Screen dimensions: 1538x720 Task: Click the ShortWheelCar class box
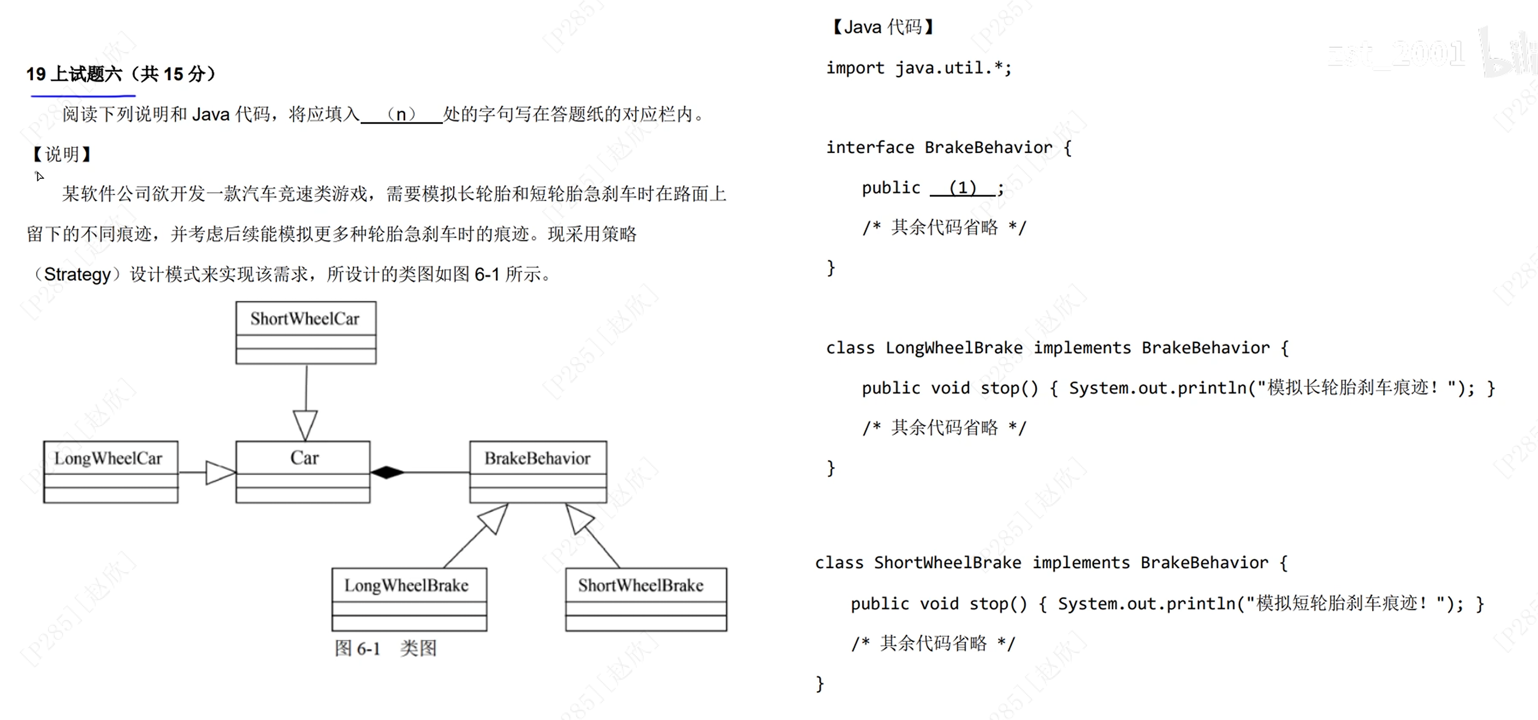click(x=306, y=333)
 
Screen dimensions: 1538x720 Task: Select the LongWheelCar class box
click(x=110, y=472)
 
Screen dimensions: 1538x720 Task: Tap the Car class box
click(x=303, y=472)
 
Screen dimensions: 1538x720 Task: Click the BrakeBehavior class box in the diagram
click(x=538, y=472)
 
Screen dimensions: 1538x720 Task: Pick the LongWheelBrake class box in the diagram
click(x=409, y=599)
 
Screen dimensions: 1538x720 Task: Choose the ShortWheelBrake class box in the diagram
click(x=646, y=599)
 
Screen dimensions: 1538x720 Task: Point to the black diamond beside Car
click(x=387, y=472)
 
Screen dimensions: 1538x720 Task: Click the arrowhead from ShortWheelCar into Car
click(x=305, y=425)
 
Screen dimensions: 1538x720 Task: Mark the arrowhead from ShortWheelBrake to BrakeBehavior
click(x=578, y=517)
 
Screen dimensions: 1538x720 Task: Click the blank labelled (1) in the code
click(x=962, y=188)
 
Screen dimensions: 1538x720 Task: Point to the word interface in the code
click(x=870, y=147)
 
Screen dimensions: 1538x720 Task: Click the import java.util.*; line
click(x=918, y=68)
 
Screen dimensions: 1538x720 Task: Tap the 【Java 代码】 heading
click(x=883, y=27)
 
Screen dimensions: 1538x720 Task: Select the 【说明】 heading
click(x=61, y=154)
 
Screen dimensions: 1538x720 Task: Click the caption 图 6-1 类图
click(x=386, y=648)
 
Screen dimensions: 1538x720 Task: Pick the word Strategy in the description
click(x=78, y=274)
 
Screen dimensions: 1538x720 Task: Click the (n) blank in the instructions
click(x=401, y=114)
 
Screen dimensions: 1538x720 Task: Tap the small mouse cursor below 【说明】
click(x=39, y=176)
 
